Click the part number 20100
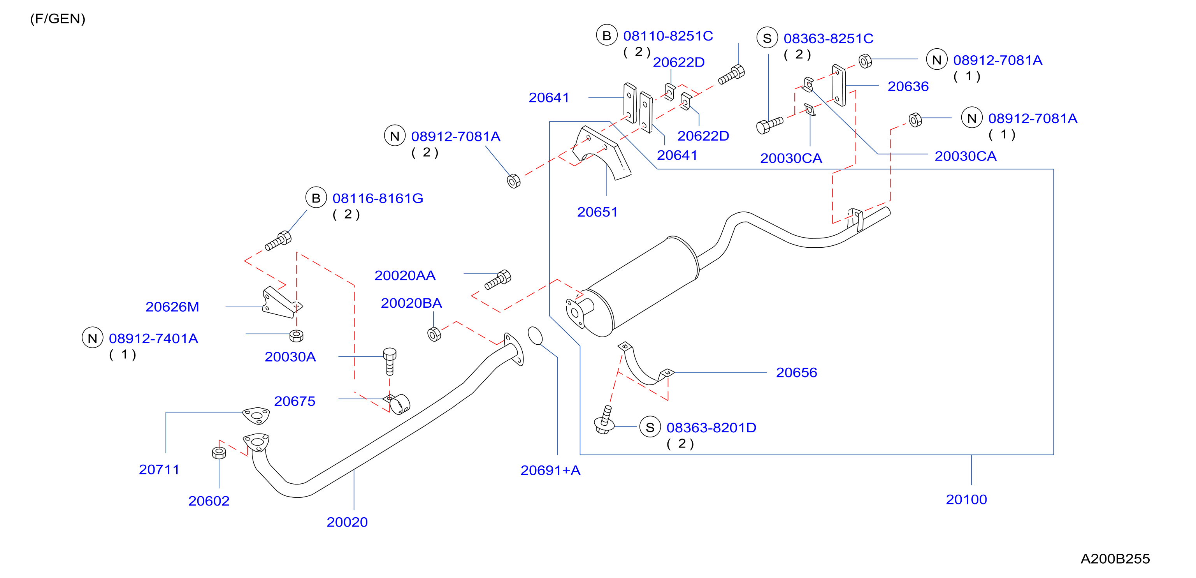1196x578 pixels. (x=966, y=499)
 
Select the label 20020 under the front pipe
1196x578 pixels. (x=347, y=522)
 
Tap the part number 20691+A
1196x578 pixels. (x=550, y=470)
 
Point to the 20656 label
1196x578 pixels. (x=796, y=373)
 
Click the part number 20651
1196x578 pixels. (x=597, y=212)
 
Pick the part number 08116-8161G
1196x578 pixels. (x=378, y=198)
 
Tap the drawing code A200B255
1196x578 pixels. (x=1115, y=559)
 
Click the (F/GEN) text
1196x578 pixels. (x=58, y=19)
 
